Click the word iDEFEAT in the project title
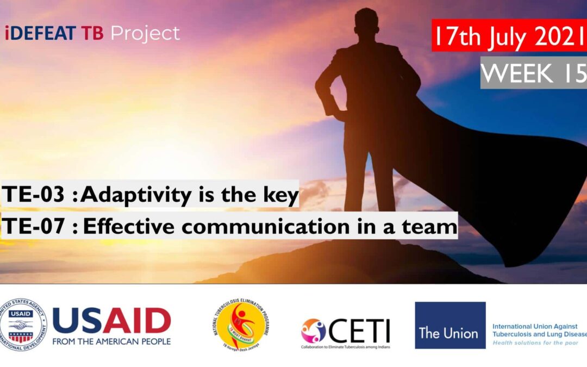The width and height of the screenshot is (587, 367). point(40,34)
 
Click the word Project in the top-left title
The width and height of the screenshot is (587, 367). point(145,34)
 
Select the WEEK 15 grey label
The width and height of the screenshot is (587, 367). point(533,72)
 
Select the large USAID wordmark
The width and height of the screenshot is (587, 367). point(111,321)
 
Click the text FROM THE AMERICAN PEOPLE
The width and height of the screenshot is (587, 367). point(111,341)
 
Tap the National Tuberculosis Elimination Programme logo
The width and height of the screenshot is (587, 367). point(241,325)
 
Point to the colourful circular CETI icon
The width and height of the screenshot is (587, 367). point(314,330)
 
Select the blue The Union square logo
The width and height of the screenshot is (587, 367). point(450,325)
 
